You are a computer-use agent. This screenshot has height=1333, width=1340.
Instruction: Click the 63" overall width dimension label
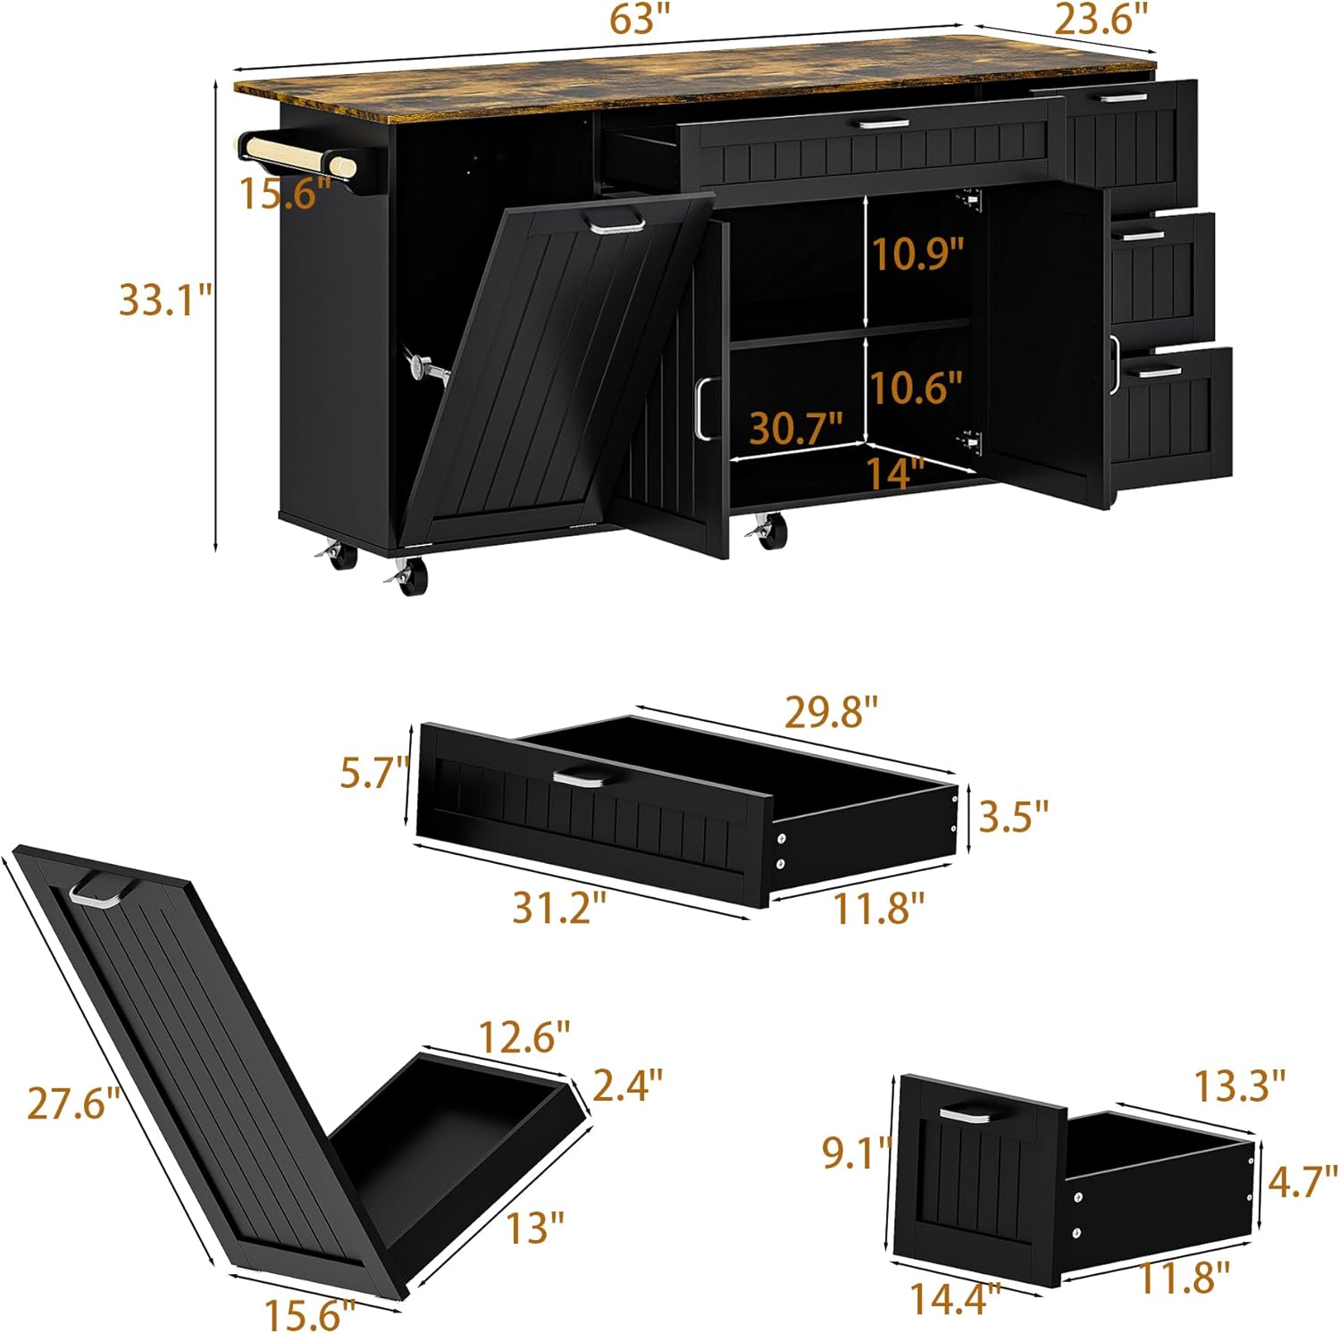pyautogui.click(x=640, y=21)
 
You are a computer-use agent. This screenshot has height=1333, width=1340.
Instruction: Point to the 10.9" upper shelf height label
pyautogui.click(x=918, y=255)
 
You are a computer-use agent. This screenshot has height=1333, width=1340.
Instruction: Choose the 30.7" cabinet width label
pyautogui.click(x=796, y=429)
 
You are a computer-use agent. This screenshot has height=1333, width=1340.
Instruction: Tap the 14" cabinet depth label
pyautogui.click(x=895, y=473)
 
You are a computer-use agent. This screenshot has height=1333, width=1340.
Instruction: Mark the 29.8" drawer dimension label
pyautogui.click(x=832, y=712)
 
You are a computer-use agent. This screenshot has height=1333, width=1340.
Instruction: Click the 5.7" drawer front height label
pyautogui.click(x=374, y=772)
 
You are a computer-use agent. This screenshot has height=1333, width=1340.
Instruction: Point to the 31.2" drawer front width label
pyautogui.click(x=559, y=909)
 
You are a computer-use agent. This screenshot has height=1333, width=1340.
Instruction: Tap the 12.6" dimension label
pyautogui.click(x=524, y=1037)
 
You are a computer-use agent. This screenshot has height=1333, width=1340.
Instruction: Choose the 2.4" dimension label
pyautogui.click(x=628, y=1084)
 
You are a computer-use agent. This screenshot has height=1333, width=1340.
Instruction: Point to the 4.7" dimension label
pyautogui.click(x=1302, y=1180)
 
